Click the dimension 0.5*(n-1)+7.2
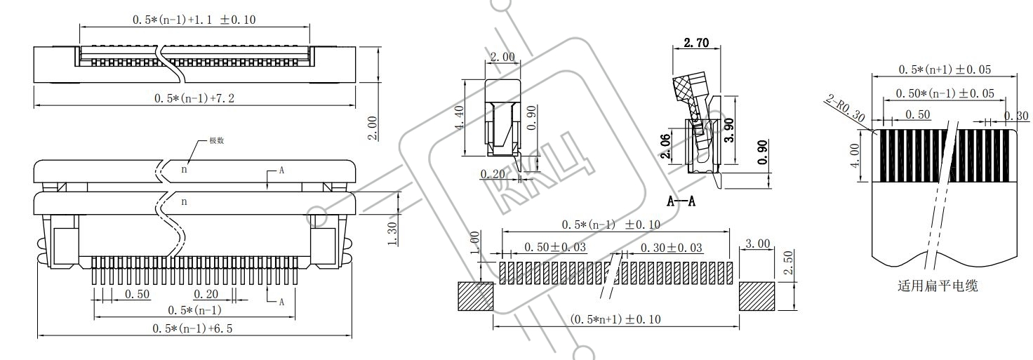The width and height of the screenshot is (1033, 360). [194, 98]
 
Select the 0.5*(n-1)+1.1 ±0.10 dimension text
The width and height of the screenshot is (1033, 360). [194, 20]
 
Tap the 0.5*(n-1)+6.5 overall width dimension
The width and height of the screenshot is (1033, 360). [193, 328]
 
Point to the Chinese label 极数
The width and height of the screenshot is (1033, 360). [216, 140]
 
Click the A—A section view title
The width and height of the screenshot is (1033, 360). [681, 201]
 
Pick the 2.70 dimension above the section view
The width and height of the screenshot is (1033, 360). [696, 43]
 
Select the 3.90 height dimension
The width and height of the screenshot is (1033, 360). [729, 131]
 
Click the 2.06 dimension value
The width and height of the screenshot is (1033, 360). [665, 147]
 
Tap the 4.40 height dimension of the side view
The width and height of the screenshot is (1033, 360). [460, 118]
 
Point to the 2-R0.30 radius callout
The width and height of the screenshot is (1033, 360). [845, 109]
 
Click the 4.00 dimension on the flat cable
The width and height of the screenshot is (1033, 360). [855, 155]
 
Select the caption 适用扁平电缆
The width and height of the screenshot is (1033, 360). [938, 286]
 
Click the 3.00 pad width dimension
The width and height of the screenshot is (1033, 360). [757, 244]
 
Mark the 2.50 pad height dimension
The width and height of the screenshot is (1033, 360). [788, 262]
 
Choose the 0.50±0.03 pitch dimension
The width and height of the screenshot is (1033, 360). [555, 248]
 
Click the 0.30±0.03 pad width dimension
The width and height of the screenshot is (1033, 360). [671, 248]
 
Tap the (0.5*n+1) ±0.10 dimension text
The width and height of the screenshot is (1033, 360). [615, 319]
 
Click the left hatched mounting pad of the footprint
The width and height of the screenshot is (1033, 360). [476, 296]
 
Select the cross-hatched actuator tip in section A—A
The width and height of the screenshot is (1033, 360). [685, 90]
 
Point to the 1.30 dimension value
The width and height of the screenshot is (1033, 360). [392, 234]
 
